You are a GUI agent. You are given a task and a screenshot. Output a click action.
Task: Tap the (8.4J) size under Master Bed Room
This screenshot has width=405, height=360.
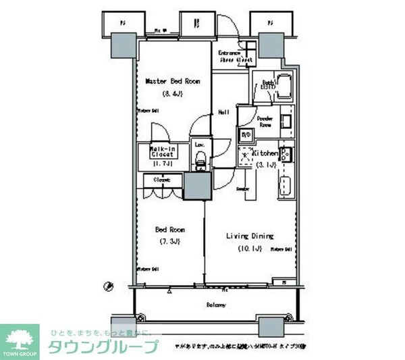coord(172,93)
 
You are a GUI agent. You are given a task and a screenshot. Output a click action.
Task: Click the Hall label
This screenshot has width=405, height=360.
coord(223,112)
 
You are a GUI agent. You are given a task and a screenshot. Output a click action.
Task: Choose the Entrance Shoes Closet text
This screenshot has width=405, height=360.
coord(235,57)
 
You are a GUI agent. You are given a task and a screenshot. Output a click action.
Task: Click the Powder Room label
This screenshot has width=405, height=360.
coord(265,122)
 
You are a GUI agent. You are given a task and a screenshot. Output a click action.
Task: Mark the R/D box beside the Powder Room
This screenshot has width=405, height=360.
coord(246,134)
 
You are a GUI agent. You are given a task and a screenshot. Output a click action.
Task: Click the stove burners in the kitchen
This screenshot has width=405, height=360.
coord(286,154)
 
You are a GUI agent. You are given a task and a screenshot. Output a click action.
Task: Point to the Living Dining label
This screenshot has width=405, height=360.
coord(249,236)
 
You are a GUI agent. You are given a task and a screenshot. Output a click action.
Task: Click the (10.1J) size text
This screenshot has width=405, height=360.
coord(249,248)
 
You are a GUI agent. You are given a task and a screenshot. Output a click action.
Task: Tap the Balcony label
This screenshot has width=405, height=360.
coord(216,305)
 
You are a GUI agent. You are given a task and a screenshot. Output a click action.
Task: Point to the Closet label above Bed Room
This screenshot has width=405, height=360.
coord(161,180)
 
